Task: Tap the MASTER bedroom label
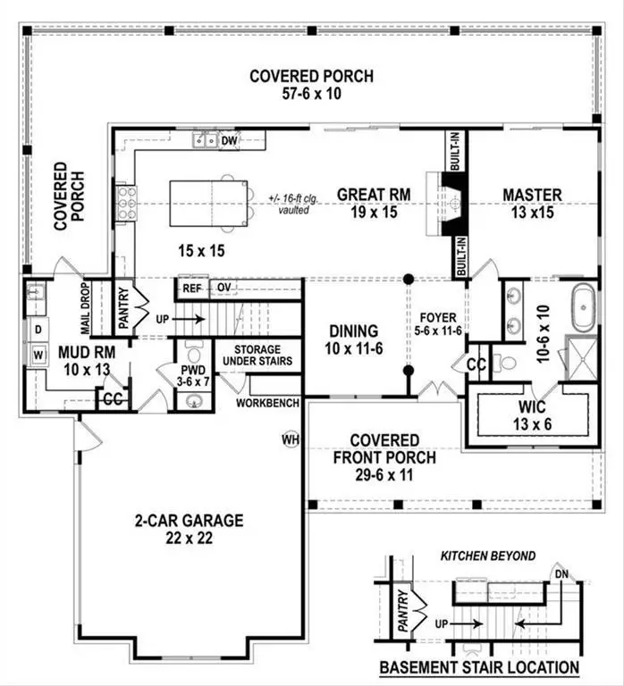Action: [532, 195]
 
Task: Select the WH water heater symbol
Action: [290, 439]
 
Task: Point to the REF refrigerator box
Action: [192, 288]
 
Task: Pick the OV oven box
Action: [223, 288]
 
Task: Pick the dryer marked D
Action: [38, 330]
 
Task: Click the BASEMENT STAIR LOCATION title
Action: [478, 667]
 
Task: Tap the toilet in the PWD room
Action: [194, 347]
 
